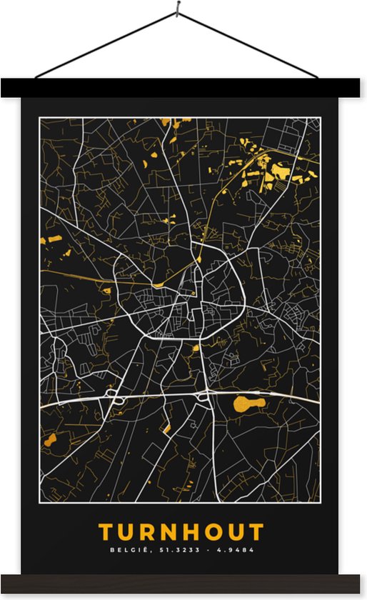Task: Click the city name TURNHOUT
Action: pos(181,531)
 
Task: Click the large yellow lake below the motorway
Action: pos(249,404)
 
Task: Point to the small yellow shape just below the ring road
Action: pos(195,349)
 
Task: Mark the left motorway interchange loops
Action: pos(111,394)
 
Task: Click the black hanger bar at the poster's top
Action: pos(183,88)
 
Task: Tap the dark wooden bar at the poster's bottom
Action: pos(183,584)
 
